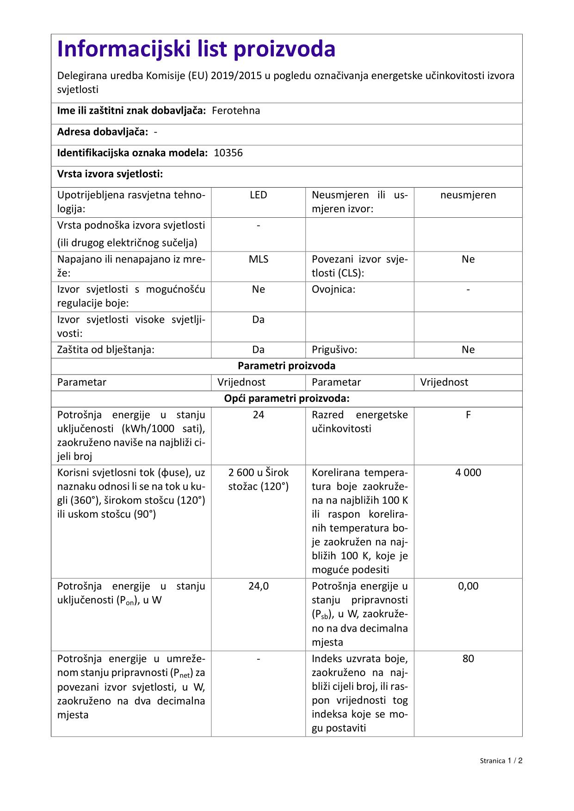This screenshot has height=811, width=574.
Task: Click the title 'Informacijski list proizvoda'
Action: click(x=196, y=49)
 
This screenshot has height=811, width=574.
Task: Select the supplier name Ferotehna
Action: click(x=236, y=111)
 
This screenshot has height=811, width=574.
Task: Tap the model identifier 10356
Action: click(x=228, y=153)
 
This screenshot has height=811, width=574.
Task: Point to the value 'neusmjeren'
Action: click(x=468, y=195)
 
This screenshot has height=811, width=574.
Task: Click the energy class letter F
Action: click(x=468, y=415)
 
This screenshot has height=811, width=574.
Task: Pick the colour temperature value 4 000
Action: click(x=468, y=473)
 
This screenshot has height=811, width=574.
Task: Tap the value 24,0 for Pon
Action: click(x=258, y=586)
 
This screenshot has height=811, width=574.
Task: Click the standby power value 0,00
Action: click(x=468, y=586)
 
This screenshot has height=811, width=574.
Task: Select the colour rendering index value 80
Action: click(x=468, y=659)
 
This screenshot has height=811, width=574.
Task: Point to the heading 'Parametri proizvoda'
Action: click(x=286, y=366)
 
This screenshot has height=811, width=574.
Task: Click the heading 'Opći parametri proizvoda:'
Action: click(x=286, y=399)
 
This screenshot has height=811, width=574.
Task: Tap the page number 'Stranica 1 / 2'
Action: click(x=501, y=761)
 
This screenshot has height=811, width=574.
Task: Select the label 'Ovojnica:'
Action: click(x=333, y=289)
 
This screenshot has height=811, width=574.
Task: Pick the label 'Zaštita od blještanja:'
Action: click(x=105, y=350)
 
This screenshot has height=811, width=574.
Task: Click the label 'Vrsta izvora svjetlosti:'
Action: click(x=110, y=174)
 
